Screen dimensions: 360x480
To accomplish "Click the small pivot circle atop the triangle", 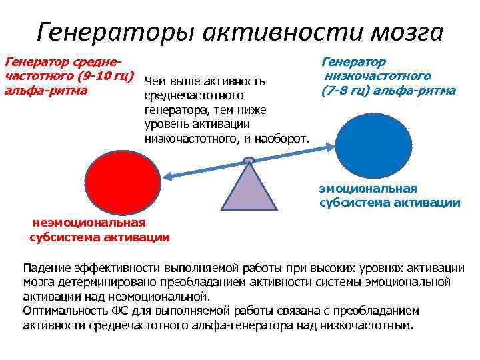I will click(x=249, y=160).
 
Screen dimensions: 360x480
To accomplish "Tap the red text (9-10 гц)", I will click(x=100, y=76).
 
